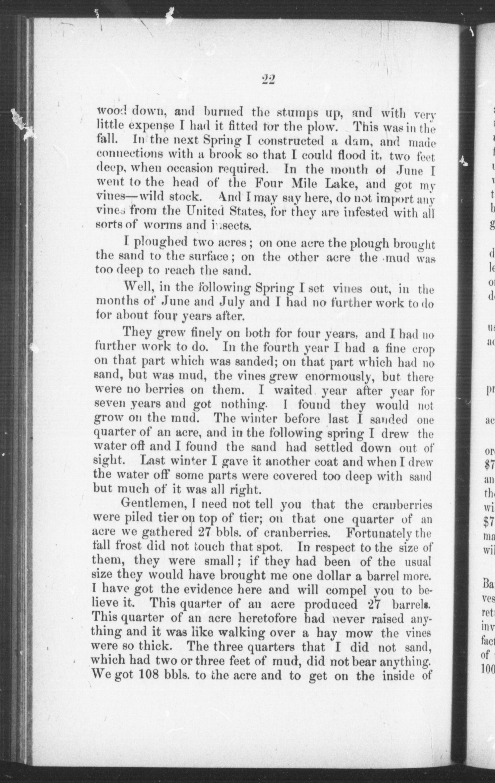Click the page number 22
[x=268, y=79]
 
